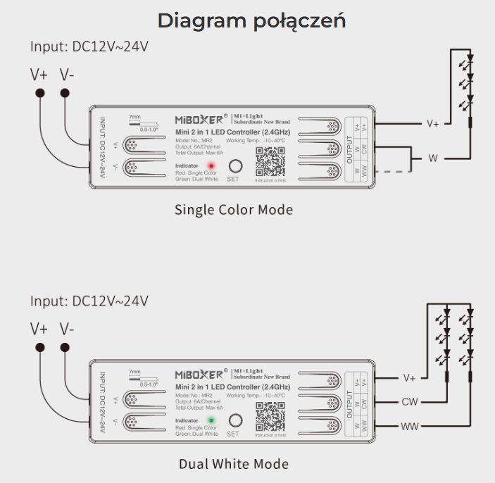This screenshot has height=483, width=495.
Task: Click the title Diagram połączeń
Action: [x=251, y=20]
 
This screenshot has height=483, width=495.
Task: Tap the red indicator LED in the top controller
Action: [x=211, y=166]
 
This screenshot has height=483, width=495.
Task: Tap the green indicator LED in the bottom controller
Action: [x=211, y=420]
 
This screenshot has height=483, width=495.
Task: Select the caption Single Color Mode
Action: [x=233, y=210]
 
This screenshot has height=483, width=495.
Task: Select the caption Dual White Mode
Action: [x=233, y=464]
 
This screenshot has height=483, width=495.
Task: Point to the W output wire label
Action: [x=432, y=158]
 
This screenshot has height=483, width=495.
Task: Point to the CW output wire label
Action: [x=410, y=402]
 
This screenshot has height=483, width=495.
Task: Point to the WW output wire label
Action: [x=410, y=426]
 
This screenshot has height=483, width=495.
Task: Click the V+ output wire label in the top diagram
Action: [x=432, y=123]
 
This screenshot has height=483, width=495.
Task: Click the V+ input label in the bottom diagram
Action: [x=39, y=329]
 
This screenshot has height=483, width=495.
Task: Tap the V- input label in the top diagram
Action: [x=68, y=75]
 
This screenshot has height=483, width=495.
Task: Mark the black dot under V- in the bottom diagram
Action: [x=65, y=347]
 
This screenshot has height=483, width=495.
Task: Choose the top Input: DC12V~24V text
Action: [x=89, y=46]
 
